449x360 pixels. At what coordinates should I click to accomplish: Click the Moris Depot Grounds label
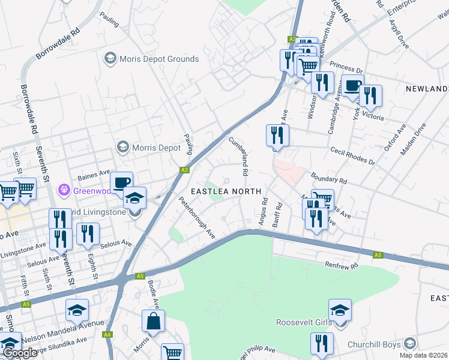click(x=159, y=59)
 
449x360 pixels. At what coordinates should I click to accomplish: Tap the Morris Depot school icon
click(x=123, y=147)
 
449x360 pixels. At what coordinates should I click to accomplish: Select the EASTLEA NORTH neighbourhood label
click(x=226, y=191)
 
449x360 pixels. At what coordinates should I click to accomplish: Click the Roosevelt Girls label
click(x=303, y=322)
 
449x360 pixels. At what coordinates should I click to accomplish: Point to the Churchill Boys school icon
click(x=410, y=344)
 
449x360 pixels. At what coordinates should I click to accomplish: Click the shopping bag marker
click(x=153, y=320)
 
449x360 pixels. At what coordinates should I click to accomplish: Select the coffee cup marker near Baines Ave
click(x=121, y=182)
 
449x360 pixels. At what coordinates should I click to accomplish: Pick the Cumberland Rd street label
click(x=238, y=155)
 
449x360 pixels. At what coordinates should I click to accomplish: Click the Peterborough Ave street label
click(x=197, y=216)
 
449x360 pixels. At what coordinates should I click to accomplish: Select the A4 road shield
click(x=107, y=335)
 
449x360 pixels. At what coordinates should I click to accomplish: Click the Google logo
click(x=20, y=353)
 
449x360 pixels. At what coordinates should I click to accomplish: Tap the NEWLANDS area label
click(x=426, y=89)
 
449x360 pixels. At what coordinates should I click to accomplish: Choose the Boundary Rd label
click(x=328, y=178)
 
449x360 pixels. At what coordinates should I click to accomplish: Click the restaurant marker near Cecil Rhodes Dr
click(x=277, y=136)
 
